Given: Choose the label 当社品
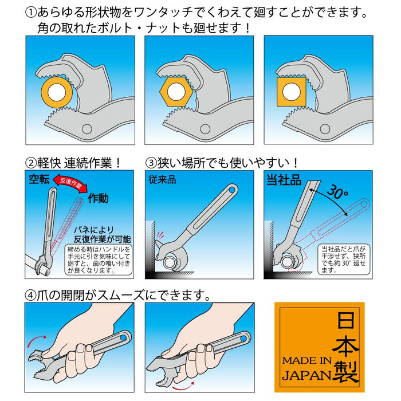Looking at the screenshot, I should pos(283,179).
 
